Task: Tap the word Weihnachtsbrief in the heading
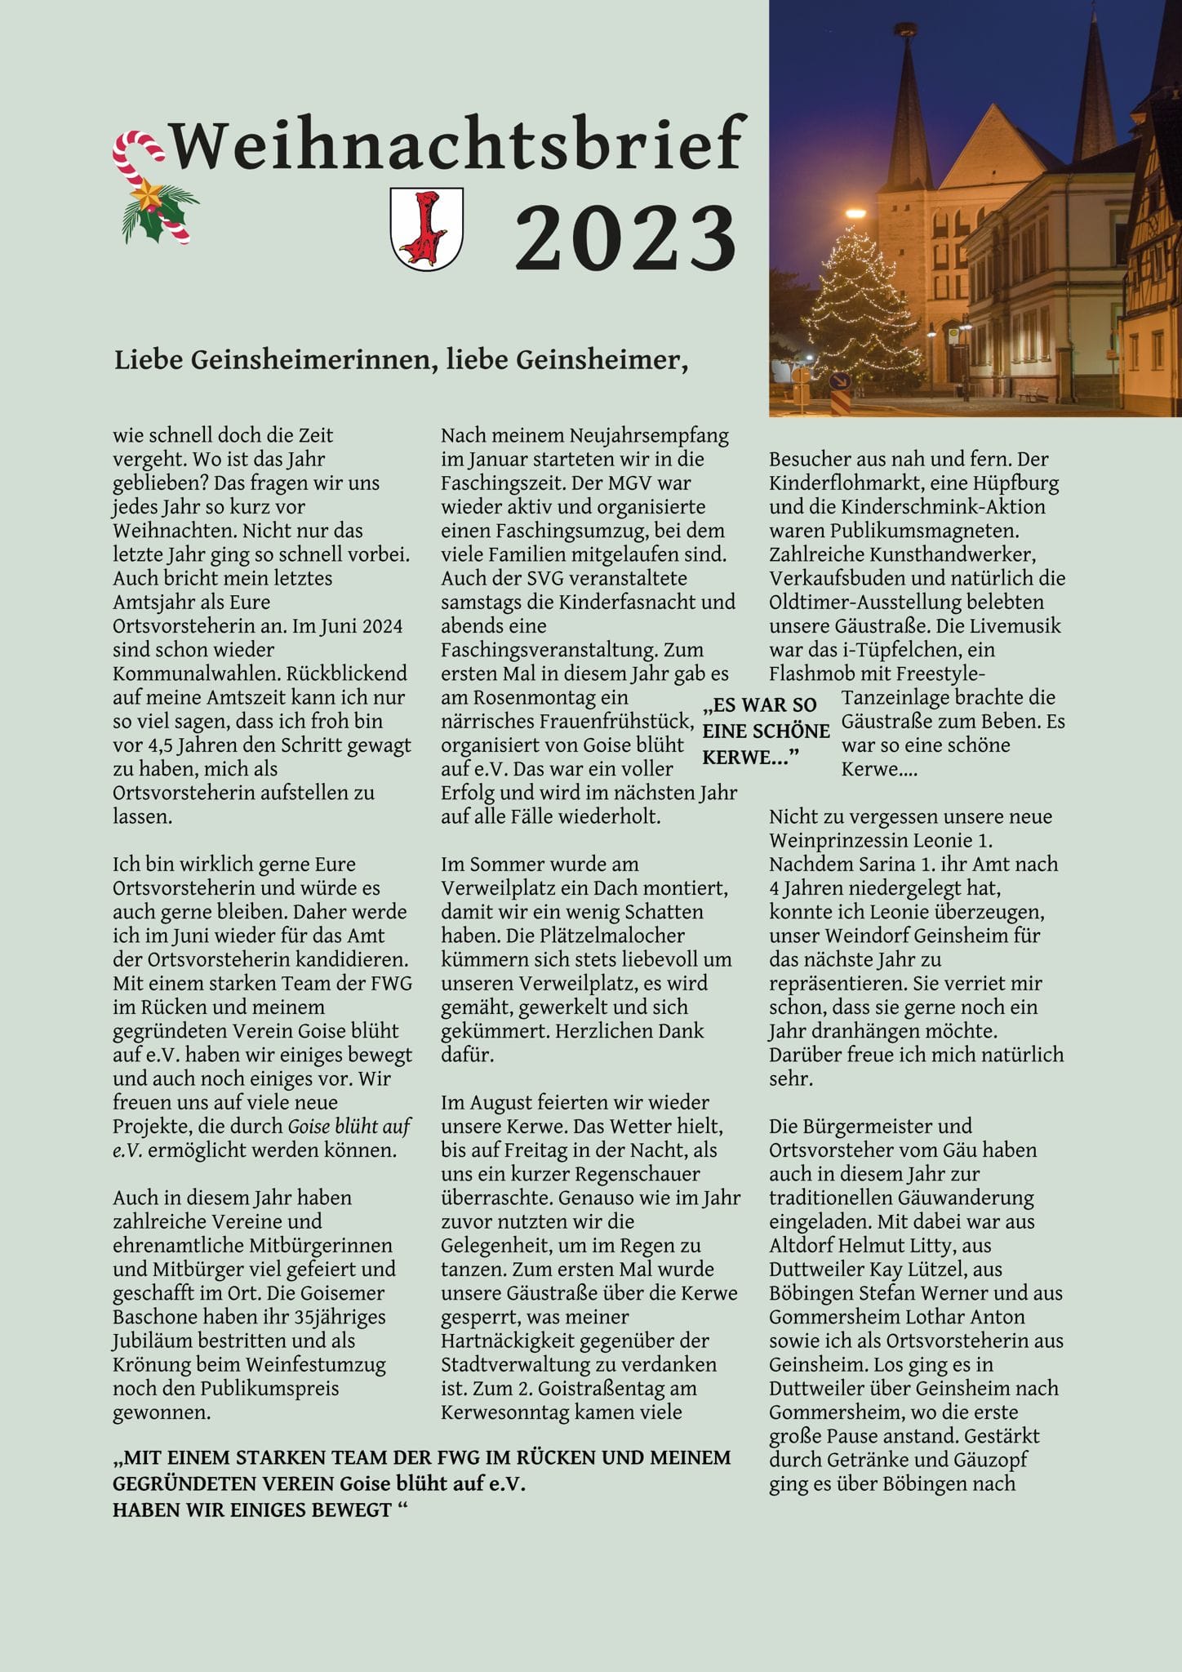click(457, 145)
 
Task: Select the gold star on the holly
click(149, 196)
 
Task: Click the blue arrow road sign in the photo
click(838, 381)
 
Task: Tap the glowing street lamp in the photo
click(855, 214)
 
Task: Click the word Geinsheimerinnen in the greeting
click(310, 359)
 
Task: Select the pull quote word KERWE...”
click(749, 757)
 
